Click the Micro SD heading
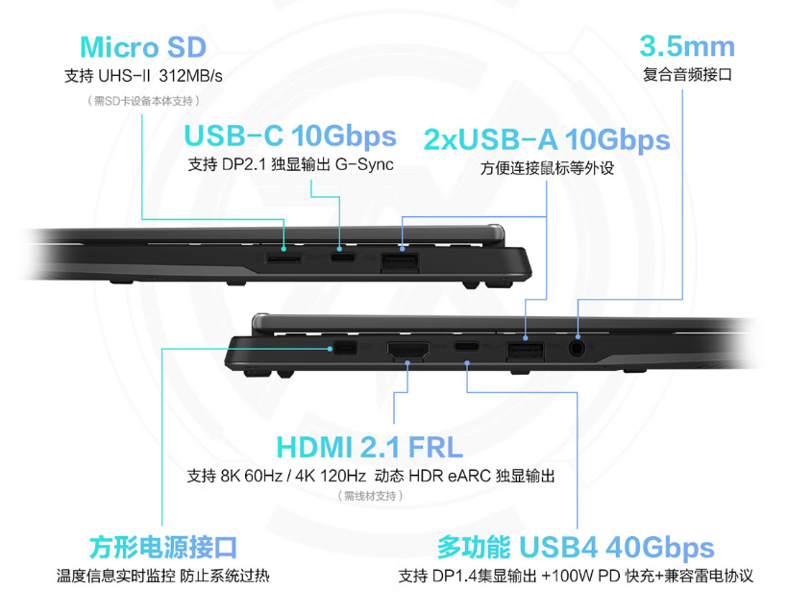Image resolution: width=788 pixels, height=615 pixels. coord(143,47)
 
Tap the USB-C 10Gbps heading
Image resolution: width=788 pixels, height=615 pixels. coord(290,136)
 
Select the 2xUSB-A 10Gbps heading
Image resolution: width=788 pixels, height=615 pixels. coord(547,139)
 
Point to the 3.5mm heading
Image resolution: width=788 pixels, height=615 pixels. coord(687,46)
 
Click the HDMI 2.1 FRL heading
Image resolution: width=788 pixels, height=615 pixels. coord(369,447)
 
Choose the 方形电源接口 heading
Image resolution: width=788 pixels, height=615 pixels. coord(162,547)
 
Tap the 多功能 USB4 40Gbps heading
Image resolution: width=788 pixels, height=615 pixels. coord(576,547)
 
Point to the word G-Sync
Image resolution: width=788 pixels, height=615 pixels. coord(364,164)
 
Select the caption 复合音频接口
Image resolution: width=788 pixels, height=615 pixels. coord(687,75)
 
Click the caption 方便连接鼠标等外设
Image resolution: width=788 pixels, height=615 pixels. coord(547,168)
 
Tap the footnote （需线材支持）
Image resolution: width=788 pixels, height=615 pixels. coord(370,496)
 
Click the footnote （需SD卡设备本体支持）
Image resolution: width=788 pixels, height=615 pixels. coord(143,101)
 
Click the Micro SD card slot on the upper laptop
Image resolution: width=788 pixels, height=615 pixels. coord(283,258)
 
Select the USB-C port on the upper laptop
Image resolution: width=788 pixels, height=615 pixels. coord(343,258)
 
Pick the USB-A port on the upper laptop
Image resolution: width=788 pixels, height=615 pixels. coord(400,262)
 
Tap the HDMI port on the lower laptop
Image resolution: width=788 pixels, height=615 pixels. coord(408,350)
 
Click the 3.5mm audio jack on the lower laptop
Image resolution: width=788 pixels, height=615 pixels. coord(577,348)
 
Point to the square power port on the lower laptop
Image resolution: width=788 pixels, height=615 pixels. coord(345,348)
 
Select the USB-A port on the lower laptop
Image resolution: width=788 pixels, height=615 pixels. coord(525,350)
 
